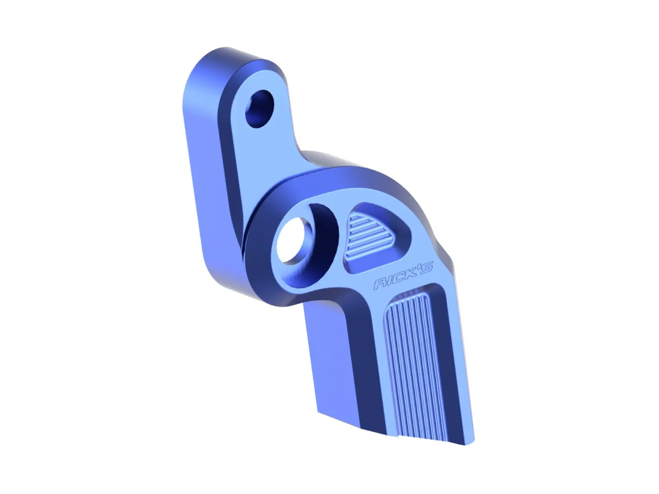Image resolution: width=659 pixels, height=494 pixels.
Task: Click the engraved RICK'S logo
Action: point(403,276)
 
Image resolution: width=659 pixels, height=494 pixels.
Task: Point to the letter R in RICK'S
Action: point(380,283)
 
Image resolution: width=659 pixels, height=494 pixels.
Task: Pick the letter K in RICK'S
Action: point(409,273)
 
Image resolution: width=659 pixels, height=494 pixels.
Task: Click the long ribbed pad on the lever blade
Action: point(414,362)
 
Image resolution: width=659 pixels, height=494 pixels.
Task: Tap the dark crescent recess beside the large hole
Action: point(325,235)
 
